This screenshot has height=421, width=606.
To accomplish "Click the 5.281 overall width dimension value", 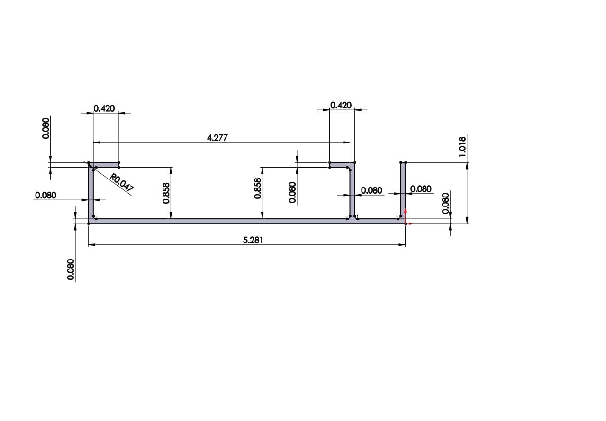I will point(253,240).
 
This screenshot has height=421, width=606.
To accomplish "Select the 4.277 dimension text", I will point(217,138).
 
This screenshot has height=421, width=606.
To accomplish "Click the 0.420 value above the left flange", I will point(104,108).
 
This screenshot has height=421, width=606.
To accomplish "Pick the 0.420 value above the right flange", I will point(341,105).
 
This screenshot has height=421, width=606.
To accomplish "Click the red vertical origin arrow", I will point(405,215).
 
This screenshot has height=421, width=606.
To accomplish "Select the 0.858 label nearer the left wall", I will point(166,193).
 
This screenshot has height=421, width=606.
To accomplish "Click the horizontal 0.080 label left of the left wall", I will point(45,195).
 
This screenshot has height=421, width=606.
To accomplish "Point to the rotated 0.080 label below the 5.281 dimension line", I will point(71,269).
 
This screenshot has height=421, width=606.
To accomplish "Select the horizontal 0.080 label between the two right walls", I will point(371,190).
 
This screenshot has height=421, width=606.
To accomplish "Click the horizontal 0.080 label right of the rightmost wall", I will point(421,189).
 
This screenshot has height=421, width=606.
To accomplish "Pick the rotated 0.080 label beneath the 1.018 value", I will point(445,203).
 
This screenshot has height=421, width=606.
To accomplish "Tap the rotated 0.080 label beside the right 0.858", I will point(292,192).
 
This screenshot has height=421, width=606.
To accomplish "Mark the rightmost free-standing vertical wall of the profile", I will point(403,189).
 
